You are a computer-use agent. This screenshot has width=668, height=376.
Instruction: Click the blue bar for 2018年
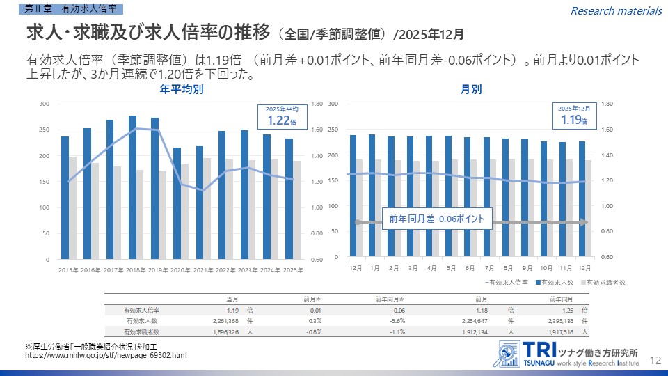[x=132, y=187]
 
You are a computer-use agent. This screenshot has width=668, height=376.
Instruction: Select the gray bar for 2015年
[x=73, y=207]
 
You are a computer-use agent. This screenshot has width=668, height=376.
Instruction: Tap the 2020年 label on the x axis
[x=180, y=269]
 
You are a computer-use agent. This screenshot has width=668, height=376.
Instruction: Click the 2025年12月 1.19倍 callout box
[x=573, y=116]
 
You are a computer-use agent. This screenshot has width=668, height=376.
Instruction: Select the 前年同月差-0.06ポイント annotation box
[x=437, y=219]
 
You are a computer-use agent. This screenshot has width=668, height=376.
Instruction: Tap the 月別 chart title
[x=471, y=90]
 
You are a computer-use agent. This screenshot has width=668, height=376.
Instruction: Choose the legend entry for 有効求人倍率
[x=507, y=283]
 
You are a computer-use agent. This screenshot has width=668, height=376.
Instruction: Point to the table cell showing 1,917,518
[x=553, y=332]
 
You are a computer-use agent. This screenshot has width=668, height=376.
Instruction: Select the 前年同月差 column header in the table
[x=390, y=299]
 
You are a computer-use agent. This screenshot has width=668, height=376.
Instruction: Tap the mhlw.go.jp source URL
[x=106, y=356]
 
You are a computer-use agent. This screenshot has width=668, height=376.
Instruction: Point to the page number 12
[x=655, y=360]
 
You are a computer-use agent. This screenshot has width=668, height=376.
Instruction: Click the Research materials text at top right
[x=616, y=10]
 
